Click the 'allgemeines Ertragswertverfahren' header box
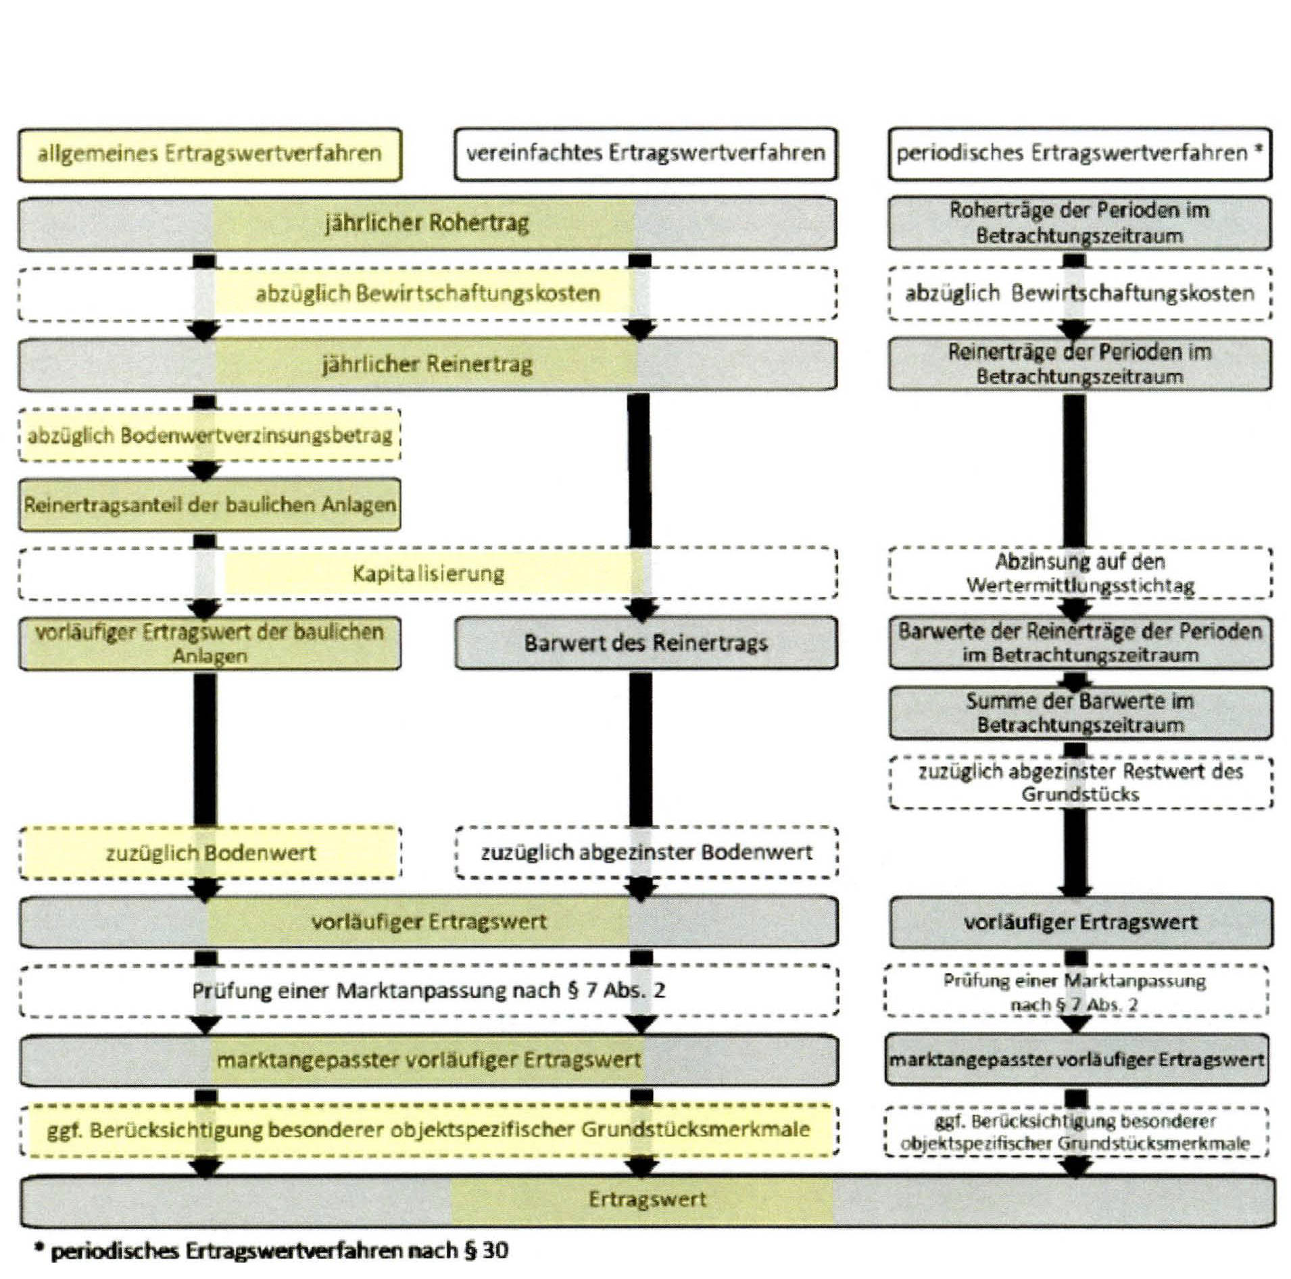[x=210, y=154]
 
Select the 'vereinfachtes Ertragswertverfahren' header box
[x=645, y=154]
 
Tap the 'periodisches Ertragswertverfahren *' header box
[x=1079, y=154]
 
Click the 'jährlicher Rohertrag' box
[x=427, y=223]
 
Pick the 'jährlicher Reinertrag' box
[x=427, y=365]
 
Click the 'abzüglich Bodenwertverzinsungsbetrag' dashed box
[x=210, y=435]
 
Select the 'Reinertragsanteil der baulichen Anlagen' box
[x=210, y=505]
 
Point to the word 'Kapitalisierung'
[x=429, y=574]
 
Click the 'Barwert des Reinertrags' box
[x=645, y=643]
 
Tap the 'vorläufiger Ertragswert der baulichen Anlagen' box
[x=210, y=643]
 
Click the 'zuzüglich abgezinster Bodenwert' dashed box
[x=646, y=853]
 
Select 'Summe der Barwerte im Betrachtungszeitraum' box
[x=1080, y=713]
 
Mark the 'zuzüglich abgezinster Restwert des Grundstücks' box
[x=1080, y=782]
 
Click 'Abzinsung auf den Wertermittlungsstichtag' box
[x=1080, y=573]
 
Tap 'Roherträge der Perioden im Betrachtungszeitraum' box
[x=1079, y=223]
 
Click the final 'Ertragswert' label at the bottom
[x=647, y=1199]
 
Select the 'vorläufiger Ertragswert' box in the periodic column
[x=1080, y=922]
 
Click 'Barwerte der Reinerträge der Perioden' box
[x=1080, y=643]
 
